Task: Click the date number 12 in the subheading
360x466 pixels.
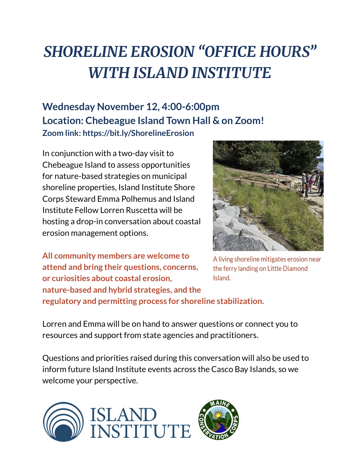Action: [152, 107]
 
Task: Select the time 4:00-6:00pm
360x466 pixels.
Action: [190, 107]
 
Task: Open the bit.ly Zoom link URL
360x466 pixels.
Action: [138, 133]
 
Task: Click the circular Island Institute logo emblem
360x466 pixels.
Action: [63, 422]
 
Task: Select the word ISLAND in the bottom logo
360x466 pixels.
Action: [123, 415]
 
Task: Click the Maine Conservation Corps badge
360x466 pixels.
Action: [218, 420]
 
